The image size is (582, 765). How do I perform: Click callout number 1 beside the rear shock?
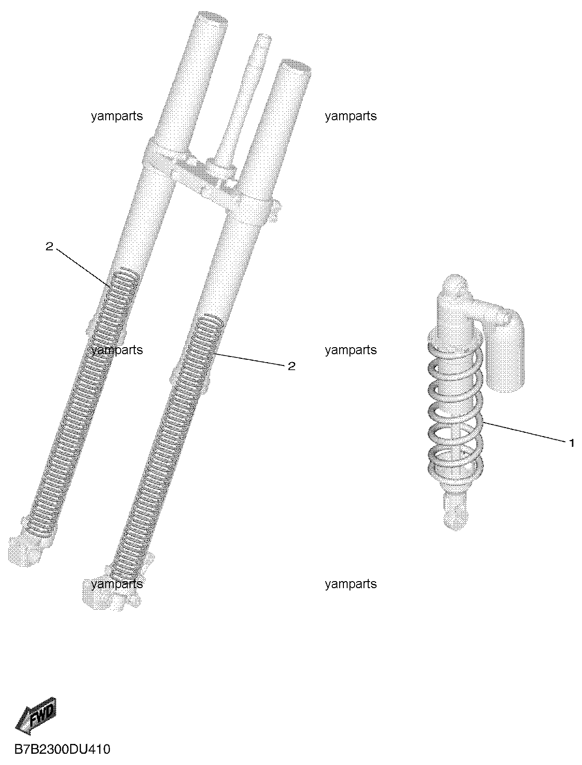coord(571,443)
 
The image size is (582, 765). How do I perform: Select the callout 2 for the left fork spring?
coord(50,247)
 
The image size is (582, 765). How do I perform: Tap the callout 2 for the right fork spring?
coord(291,366)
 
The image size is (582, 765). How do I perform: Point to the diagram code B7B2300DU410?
coord(63,749)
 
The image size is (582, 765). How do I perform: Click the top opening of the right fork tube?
coord(297,66)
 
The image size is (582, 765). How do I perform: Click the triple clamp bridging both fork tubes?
coord(209,174)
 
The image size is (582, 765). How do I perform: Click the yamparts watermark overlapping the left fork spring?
coord(117,350)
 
